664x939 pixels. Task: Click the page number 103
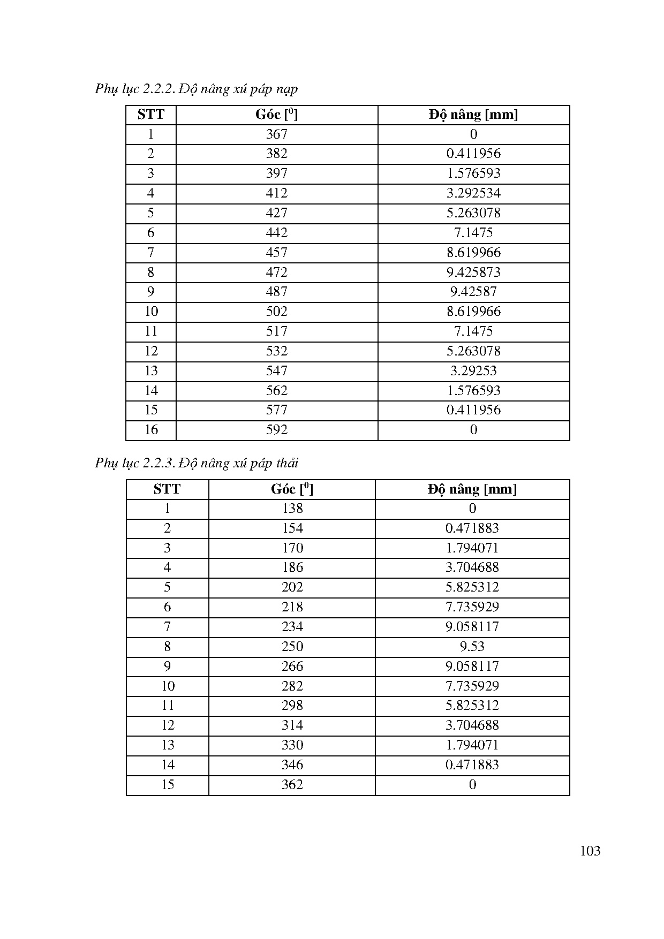[x=590, y=851]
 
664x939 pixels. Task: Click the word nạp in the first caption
[x=288, y=89]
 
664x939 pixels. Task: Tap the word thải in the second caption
[x=287, y=463]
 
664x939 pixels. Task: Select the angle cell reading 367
[x=276, y=134]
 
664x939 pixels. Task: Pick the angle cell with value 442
[x=276, y=232]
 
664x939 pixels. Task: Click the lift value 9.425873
[x=473, y=272]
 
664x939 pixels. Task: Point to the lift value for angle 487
[x=473, y=292]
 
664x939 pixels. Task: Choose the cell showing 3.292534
[x=473, y=193]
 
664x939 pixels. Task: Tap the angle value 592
[x=276, y=430]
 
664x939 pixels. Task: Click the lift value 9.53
[x=472, y=647]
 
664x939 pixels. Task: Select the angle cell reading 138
[x=292, y=509]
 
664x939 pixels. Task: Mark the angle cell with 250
[x=292, y=647]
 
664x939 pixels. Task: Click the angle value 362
[x=292, y=785]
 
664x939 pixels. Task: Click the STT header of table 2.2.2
[x=150, y=115]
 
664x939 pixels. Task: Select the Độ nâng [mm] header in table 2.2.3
[x=472, y=489]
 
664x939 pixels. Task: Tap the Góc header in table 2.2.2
[x=276, y=115]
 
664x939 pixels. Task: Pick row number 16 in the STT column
[x=151, y=430]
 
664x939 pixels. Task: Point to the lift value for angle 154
[x=472, y=528]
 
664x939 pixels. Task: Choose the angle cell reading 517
[x=276, y=331]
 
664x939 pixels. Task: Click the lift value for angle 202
[x=472, y=587]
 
